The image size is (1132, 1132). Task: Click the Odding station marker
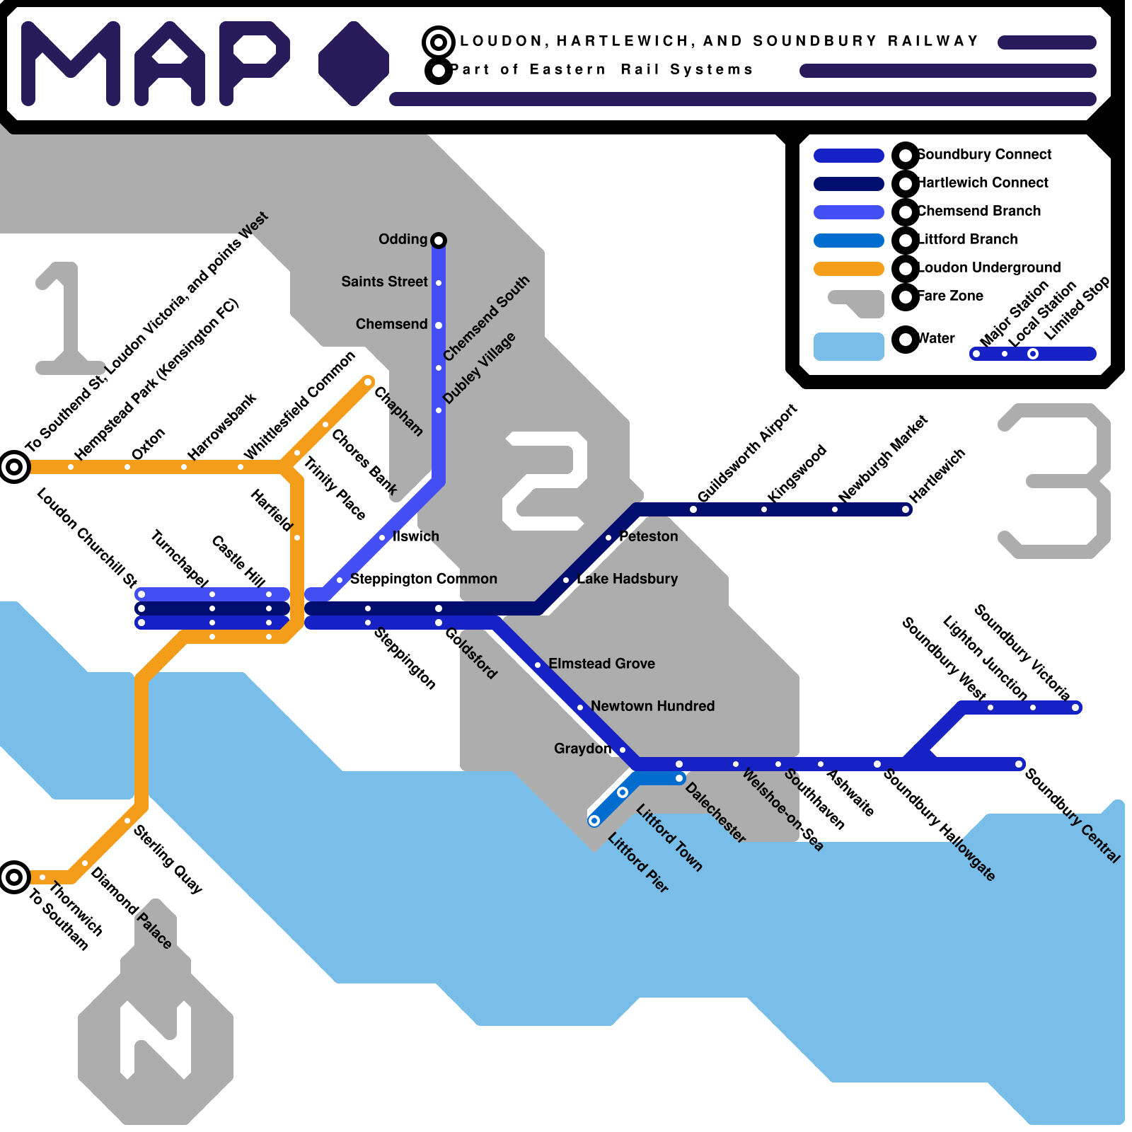[439, 241]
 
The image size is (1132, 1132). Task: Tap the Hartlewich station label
[937, 476]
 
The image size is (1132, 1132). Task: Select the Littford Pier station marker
[594, 821]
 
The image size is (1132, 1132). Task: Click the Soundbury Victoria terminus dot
[1075, 707]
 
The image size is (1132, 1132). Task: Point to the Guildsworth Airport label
[747, 454]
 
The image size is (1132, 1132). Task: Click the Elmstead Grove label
[601, 664]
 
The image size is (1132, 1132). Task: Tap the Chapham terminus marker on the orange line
[368, 382]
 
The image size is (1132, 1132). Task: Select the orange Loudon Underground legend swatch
[848, 269]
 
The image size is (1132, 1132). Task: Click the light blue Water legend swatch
[848, 347]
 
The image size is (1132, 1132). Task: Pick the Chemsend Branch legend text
[979, 211]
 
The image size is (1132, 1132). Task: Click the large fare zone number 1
[67, 318]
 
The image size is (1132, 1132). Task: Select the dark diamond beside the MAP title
[353, 64]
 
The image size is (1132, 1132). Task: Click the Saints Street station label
[384, 282]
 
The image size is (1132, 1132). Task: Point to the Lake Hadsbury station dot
[566, 580]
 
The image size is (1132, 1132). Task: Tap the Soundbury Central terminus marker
[1020, 764]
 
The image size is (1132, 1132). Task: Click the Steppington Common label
[423, 579]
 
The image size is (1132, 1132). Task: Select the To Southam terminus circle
[14, 877]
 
